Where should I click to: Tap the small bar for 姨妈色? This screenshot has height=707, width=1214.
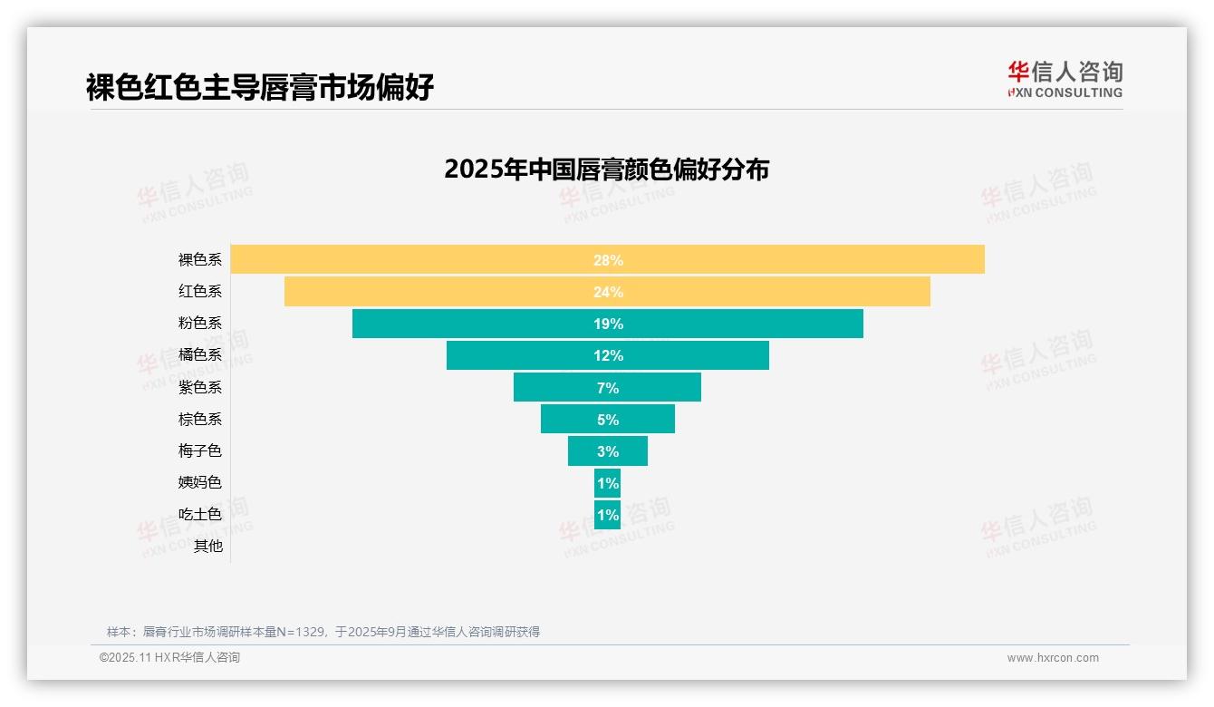click(x=607, y=483)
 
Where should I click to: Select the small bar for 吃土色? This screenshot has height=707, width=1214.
click(x=607, y=515)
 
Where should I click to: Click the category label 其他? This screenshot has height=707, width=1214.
click(x=207, y=546)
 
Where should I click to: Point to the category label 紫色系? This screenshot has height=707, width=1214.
click(x=199, y=387)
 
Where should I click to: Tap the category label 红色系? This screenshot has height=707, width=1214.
click(x=199, y=292)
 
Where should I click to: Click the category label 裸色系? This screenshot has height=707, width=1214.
click(x=199, y=260)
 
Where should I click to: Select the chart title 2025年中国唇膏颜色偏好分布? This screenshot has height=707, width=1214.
click(x=606, y=169)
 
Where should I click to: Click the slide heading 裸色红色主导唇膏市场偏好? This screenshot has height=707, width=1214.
click(x=260, y=87)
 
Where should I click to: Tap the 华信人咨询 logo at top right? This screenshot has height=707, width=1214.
click(x=1065, y=79)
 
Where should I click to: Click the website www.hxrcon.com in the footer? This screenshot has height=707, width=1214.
click(x=1053, y=658)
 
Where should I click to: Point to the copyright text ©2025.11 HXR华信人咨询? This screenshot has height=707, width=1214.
click(x=169, y=658)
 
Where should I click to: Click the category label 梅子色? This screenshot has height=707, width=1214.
click(x=199, y=450)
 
